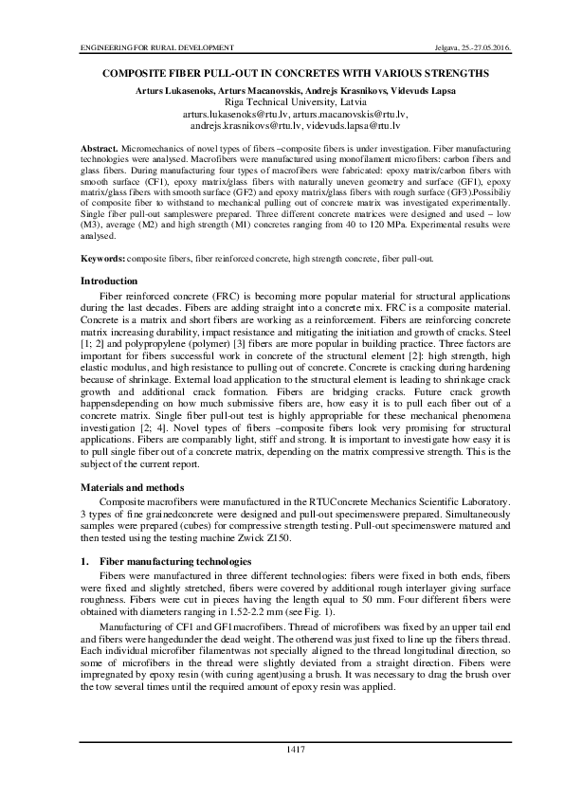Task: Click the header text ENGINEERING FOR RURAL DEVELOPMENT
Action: [143, 46]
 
